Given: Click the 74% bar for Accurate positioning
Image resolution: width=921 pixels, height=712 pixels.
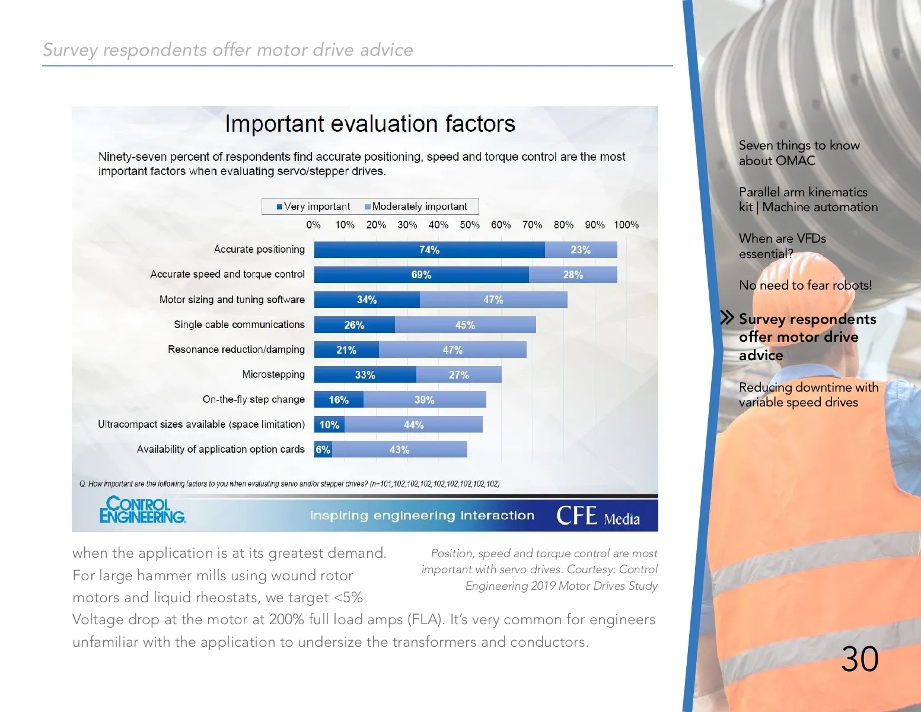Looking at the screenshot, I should pos(429,250).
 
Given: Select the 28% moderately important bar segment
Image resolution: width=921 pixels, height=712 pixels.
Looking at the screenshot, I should pos(573,275).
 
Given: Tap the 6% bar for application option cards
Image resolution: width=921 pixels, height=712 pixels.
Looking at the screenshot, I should pos(323,450).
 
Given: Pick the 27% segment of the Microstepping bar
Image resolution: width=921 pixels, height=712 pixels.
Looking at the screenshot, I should pos(458,375).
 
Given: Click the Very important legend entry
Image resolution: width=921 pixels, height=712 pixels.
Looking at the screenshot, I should pos(313,206).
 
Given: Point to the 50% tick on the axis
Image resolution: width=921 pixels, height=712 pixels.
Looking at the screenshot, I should pos(470,225).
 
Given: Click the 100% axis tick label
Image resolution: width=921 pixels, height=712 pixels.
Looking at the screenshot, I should pos(626,225).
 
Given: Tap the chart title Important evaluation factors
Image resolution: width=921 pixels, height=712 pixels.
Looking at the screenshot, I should pos(370,124).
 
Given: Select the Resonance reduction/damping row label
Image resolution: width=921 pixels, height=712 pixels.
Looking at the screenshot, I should pos(236,349).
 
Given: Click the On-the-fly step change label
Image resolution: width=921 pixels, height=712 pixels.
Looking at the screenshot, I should pos(253,399).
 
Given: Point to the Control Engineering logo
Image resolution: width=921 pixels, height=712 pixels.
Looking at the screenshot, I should pos(142,510).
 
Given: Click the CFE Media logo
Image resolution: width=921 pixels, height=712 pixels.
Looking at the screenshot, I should pos(598,516).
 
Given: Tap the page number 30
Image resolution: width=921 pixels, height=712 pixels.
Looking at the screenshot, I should pos(859,659).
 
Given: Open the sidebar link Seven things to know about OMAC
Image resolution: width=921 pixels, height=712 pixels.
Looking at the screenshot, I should pos(798,153).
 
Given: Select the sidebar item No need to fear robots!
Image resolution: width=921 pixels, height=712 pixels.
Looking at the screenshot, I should pos(805,285).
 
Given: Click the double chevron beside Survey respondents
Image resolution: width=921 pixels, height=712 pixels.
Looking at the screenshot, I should pos(727,317).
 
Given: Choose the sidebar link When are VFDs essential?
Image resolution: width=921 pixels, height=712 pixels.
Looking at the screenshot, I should pos(782,246).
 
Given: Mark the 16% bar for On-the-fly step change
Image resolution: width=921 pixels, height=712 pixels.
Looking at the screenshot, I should pos(339,400).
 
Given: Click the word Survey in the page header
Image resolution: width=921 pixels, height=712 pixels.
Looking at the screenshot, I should pos(70,50).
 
